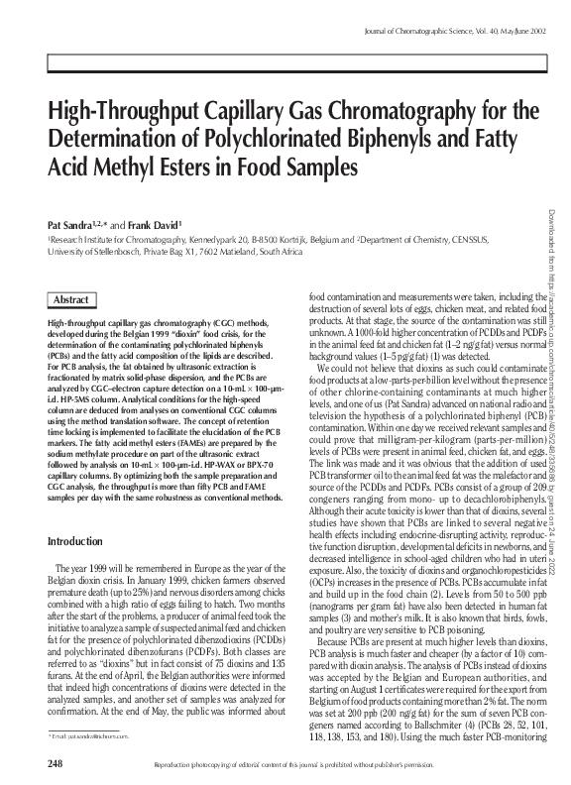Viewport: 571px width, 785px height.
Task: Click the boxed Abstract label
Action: [x=70, y=299]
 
